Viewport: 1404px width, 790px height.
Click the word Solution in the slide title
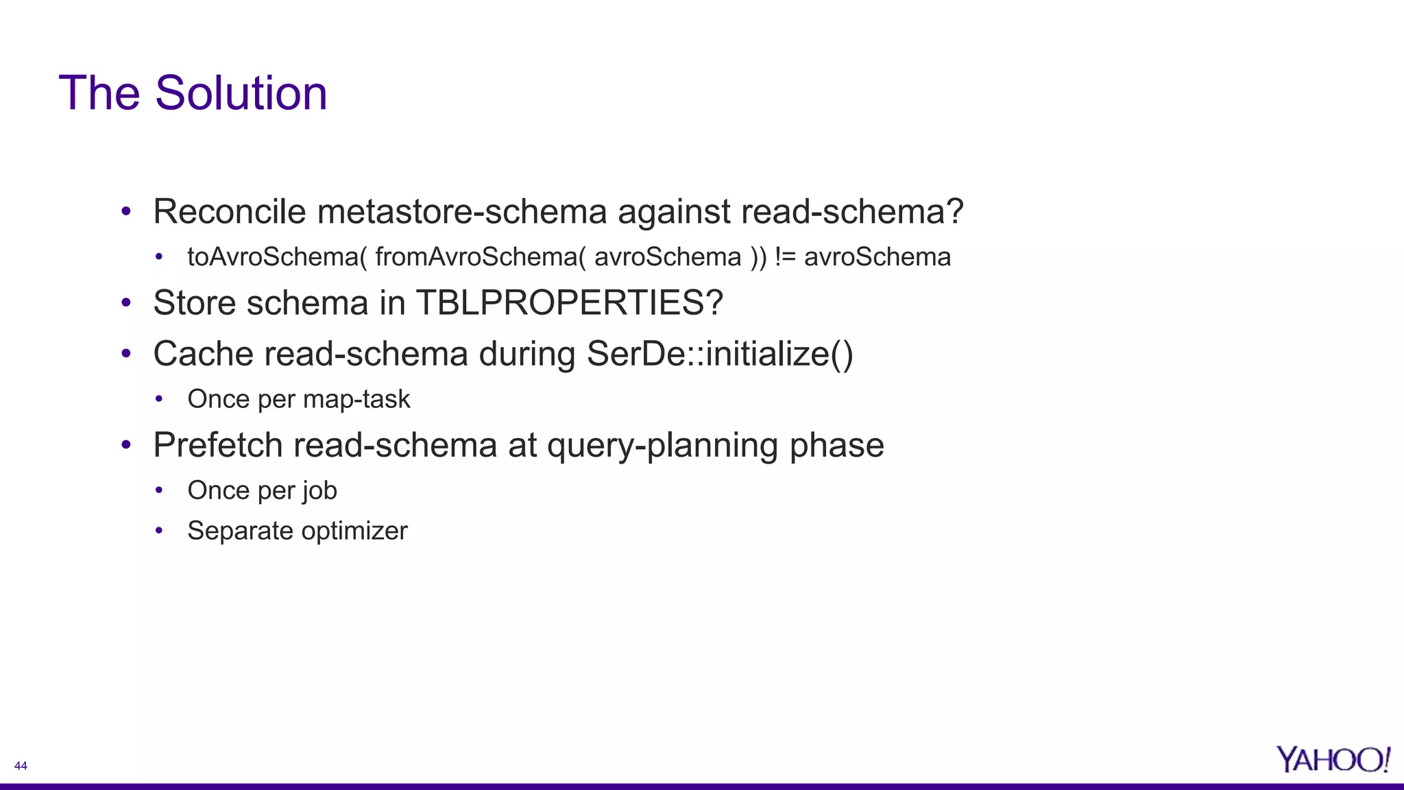click(x=241, y=93)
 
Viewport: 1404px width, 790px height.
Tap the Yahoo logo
click(x=1333, y=760)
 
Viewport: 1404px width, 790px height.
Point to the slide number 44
click(x=21, y=766)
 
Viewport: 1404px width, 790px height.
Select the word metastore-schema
click(x=462, y=211)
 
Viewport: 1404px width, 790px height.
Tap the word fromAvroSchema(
click(x=481, y=257)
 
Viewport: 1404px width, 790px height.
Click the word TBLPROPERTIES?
click(x=569, y=302)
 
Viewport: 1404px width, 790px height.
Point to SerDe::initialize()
click(x=720, y=354)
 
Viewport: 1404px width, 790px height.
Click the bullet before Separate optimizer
click(x=159, y=530)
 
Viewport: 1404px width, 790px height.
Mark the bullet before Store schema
click(x=125, y=302)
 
